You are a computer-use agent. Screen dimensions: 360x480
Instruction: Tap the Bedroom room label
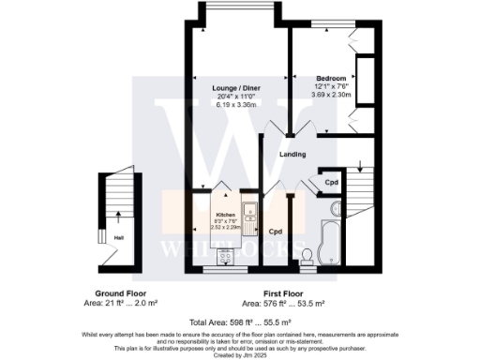[x=331, y=78]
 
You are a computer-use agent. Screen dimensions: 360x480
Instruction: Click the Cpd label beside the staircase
[x=330, y=182]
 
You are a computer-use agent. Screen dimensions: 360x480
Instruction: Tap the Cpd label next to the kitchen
[x=276, y=231]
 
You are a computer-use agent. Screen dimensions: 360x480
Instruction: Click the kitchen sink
[x=250, y=212]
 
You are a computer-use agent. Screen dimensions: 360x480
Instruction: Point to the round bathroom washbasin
[x=337, y=208]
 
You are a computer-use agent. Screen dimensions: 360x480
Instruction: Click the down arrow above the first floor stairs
[x=361, y=169]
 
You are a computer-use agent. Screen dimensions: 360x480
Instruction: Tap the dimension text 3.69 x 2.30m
[x=331, y=94]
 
